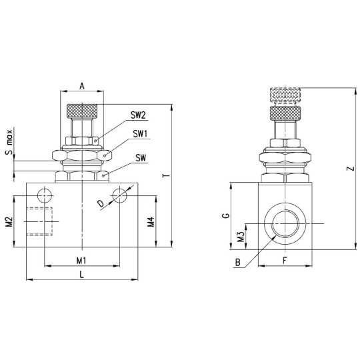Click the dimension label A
(81, 86)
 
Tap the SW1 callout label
(139, 133)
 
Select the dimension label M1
(81, 259)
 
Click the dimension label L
(81, 273)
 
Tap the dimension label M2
(9, 221)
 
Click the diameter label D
(100, 203)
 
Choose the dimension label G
(226, 216)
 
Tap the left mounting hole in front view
(45, 195)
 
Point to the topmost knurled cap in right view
(286, 95)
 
